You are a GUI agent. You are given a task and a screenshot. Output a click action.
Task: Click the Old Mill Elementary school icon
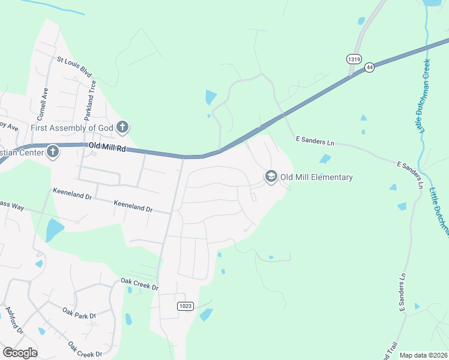[x=271, y=176]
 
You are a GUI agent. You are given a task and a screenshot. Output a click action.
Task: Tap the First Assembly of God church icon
[x=122, y=127]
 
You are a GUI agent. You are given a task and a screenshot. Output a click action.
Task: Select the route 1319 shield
[x=354, y=59]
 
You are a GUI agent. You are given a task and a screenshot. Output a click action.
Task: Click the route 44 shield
[x=369, y=68]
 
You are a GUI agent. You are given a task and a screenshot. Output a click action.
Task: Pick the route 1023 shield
[x=185, y=306]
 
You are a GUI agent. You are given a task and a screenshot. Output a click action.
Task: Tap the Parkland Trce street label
[x=92, y=94]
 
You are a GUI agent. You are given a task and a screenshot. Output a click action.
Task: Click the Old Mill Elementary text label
[x=316, y=177]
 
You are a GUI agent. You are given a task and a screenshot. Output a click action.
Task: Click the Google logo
[x=20, y=353]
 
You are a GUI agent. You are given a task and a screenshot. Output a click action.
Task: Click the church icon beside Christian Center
[x=53, y=151]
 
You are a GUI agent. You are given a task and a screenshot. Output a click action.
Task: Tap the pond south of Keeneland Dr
[x=53, y=230]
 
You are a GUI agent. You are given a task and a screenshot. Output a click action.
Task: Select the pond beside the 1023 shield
[x=206, y=314]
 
